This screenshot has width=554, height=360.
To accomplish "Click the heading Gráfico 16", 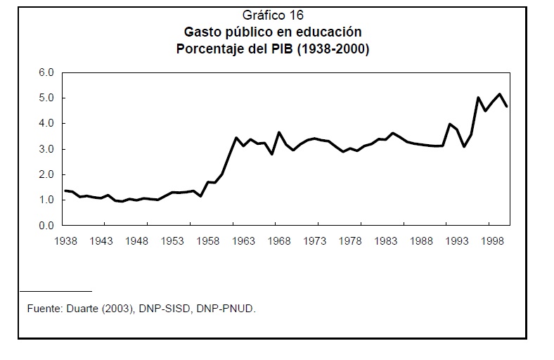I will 273,15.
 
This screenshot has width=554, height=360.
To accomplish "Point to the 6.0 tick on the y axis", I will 46,72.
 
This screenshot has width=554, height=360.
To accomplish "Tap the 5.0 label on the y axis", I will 46,98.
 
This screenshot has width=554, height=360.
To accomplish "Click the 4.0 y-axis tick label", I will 46,123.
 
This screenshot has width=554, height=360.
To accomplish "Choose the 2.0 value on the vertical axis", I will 46,174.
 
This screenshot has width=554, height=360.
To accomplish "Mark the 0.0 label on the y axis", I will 46,226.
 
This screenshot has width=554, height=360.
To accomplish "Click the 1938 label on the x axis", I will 65,241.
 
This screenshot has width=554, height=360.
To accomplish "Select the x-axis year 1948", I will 137,241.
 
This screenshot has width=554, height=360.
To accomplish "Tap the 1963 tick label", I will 244,241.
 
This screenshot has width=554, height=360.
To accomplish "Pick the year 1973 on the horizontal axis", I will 316,241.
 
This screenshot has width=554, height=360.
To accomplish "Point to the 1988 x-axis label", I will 423,241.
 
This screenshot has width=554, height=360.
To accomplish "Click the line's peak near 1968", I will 279,132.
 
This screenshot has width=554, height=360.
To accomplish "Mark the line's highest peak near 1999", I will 500,94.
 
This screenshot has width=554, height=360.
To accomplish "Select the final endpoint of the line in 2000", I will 507,106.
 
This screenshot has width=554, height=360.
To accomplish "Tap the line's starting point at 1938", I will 65,191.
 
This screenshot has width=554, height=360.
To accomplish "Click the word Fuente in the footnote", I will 44,308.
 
